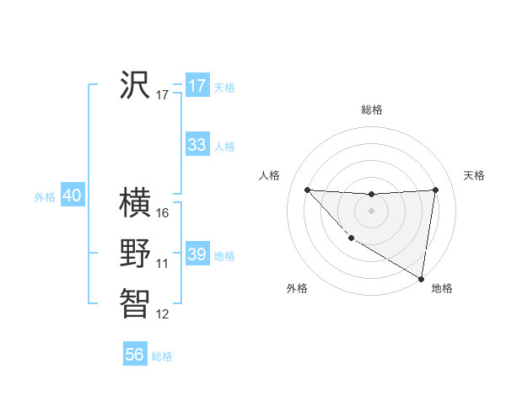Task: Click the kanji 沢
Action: click(x=135, y=85)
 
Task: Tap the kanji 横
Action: click(x=135, y=203)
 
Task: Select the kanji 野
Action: click(x=135, y=254)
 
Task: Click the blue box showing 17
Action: click(x=197, y=86)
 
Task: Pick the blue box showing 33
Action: click(x=197, y=145)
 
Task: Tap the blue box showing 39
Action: click(x=197, y=254)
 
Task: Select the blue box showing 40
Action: click(x=72, y=195)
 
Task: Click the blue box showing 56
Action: click(x=135, y=355)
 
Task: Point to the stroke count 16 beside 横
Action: click(x=163, y=213)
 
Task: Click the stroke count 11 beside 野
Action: click(x=163, y=264)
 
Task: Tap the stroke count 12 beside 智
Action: click(x=163, y=314)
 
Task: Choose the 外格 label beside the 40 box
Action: click(x=45, y=197)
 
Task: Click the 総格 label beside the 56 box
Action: click(x=162, y=356)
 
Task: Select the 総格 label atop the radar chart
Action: click(x=371, y=110)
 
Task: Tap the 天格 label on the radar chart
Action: click(x=474, y=175)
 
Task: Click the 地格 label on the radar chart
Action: click(x=442, y=288)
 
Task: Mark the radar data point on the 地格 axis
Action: click(x=421, y=278)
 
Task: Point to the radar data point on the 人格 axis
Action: click(x=307, y=190)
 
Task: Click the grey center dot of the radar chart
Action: click(x=371, y=211)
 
